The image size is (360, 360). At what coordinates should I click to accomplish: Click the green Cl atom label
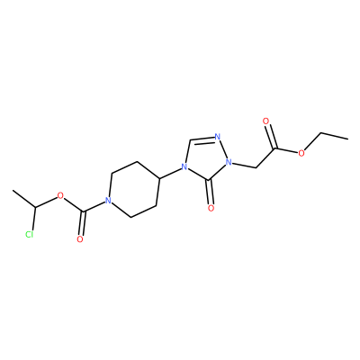(x=29, y=234)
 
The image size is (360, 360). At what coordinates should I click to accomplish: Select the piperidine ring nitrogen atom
(x=108, y=200)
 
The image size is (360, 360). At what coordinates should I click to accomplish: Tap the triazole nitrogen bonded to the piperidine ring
(x=184, y=166)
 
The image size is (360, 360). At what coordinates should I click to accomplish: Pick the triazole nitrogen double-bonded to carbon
(x=218, y=137)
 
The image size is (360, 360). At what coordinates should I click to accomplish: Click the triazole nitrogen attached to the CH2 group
(x=229, y=163)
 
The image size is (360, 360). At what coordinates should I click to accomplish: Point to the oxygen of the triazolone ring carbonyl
(x=211, y=208)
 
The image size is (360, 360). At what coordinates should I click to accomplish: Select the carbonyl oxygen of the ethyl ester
(x=265, y=121)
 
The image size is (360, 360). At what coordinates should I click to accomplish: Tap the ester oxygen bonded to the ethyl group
(x=301, y=153)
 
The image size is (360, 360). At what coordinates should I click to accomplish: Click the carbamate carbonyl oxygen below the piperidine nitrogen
(x=80, y=239)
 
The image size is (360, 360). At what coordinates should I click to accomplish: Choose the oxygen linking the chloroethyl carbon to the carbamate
(x=60, y=196)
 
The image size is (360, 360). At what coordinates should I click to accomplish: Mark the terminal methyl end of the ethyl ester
(x=347, y=139)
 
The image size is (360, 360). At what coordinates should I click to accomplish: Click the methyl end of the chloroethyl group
(x=13, y=190)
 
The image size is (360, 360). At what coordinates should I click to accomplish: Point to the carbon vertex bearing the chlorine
(x=35, y=208)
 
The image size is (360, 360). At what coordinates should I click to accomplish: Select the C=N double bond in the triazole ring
(x=201, y=139)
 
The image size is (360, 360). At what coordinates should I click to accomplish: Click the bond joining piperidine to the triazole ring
(x=170, y=173)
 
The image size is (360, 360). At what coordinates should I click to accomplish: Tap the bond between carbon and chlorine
(x=33, y=219)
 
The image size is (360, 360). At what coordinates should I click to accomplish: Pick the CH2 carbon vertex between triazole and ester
(x=256, y=167)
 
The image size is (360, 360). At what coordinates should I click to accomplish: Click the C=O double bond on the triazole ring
(x=211, y=193)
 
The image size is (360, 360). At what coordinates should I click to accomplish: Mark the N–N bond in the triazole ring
(x=223, y=149)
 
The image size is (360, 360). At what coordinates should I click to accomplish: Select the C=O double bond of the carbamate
(x=83, y=224)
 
